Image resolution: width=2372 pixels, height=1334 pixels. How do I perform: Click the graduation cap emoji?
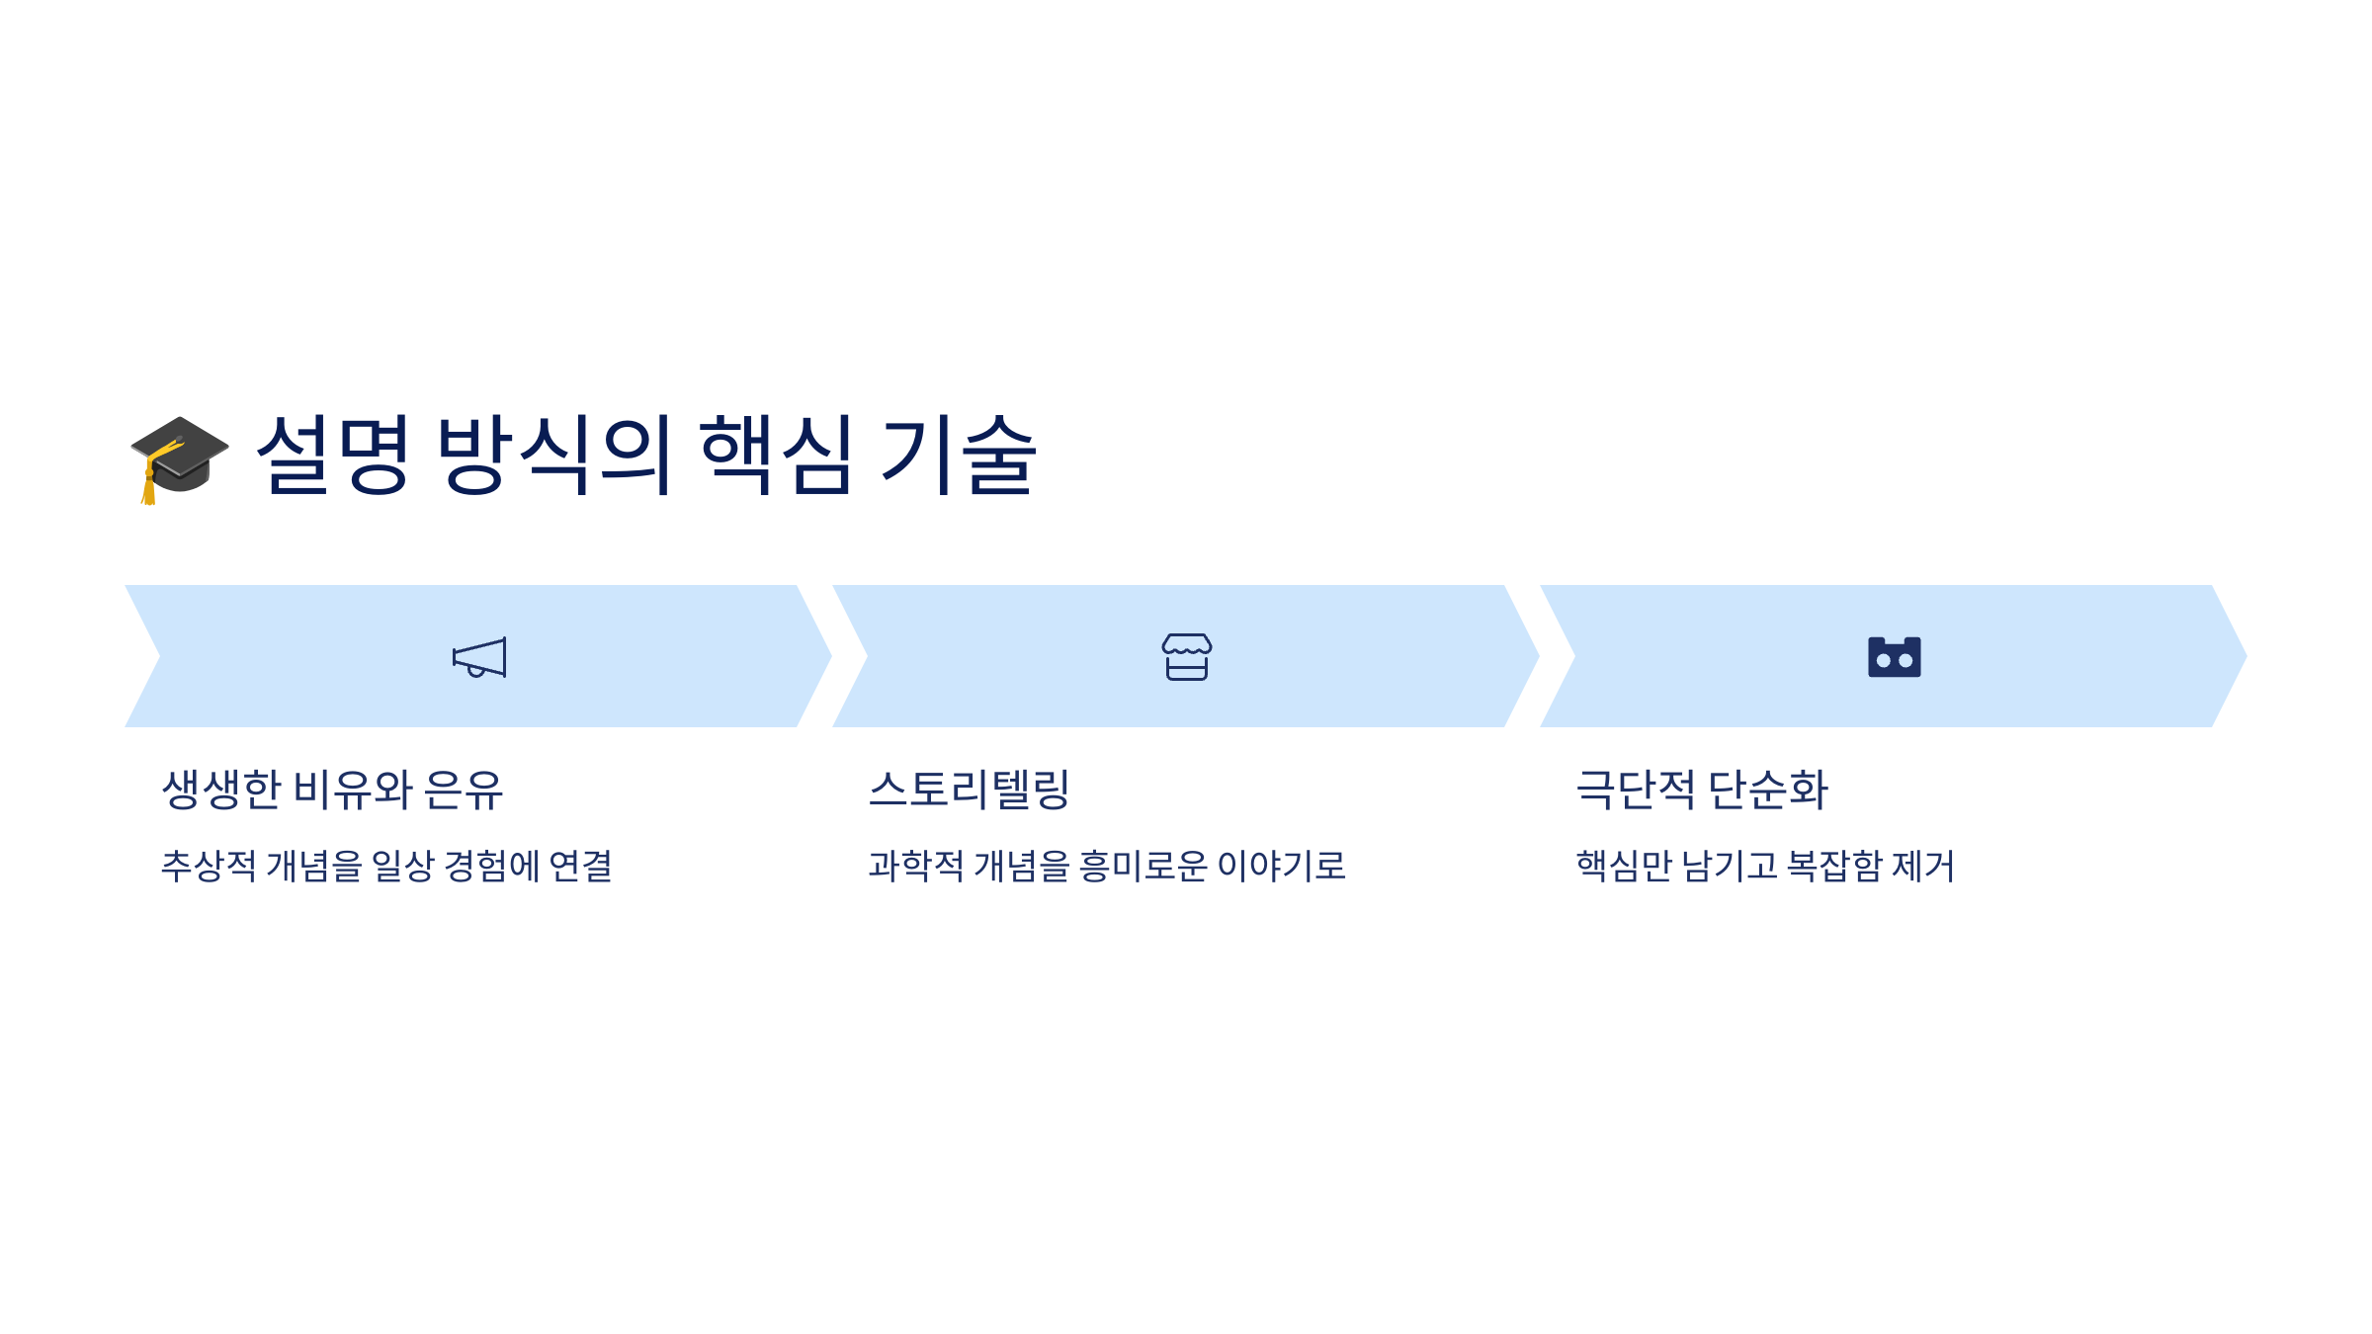click(180, 458)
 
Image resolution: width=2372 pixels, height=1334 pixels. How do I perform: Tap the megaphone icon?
click(479, 657)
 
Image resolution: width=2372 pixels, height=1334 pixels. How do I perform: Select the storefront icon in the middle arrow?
click(1186, 657)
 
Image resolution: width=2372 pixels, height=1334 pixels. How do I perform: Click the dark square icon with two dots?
click(1894, 657)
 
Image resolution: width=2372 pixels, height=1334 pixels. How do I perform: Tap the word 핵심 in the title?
click(776, 455)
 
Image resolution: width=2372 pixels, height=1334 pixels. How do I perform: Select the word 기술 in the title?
click(958, 455)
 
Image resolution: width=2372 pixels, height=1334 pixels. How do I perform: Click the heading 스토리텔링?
click(970, 790)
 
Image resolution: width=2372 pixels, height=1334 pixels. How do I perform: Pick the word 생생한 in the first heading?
click(221, 790)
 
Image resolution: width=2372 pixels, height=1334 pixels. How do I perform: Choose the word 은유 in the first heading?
click(464, 790)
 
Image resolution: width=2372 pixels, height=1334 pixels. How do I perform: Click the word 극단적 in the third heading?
click(1636, 790)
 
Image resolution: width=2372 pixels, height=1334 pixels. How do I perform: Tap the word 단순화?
click(1768, 790)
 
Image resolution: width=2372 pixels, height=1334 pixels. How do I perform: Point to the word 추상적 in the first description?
click(209, 867)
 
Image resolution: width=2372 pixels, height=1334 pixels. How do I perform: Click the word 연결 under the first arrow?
click(580, 867)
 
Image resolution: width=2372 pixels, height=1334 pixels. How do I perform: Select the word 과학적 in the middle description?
click(916, 867)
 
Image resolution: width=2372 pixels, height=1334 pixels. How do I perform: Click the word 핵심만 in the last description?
click(1624, 867)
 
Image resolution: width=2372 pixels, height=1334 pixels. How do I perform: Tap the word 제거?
click(1922, 867)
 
